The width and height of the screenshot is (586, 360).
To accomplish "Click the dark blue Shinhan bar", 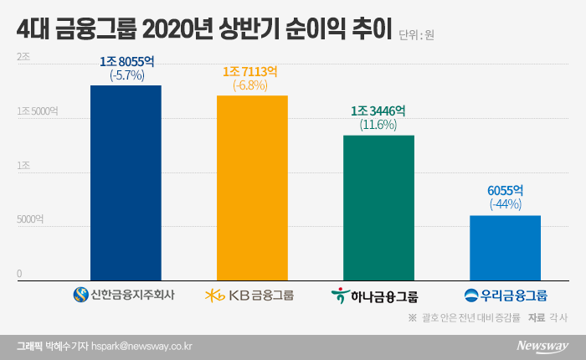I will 126,183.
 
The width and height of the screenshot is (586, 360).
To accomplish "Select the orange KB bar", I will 252,188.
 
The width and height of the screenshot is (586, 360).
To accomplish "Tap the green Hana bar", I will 378,207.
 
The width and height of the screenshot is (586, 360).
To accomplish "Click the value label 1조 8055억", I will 126,62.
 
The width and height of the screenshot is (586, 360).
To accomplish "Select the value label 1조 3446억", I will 378,111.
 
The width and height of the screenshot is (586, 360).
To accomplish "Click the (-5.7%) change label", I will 126,75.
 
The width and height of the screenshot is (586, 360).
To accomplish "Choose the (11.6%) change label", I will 378,125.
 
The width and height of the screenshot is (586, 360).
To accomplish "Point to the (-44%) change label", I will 505,204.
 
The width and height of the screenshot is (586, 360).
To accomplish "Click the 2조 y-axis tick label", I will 23,56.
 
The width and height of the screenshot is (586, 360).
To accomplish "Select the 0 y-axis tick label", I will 18,274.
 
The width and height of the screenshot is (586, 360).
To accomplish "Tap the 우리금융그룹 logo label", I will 505,295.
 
